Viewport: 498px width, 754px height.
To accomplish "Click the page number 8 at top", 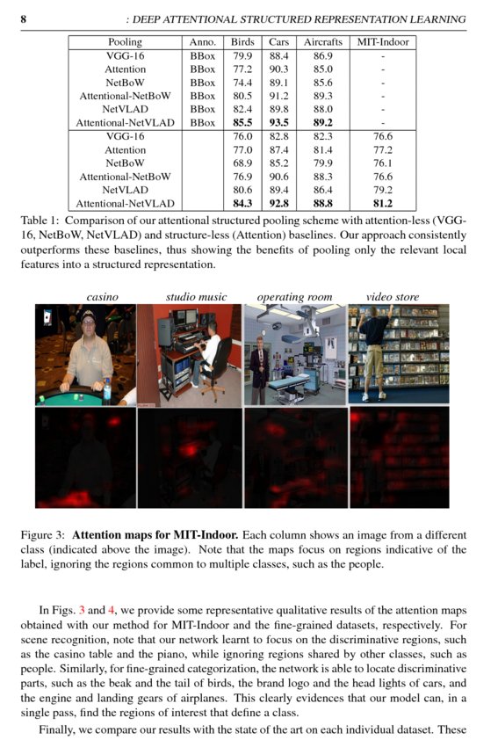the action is click(23, 19).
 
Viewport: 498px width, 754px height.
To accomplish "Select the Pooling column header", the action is click(125, 42).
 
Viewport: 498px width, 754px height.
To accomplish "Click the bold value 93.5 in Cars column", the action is click(278, 123).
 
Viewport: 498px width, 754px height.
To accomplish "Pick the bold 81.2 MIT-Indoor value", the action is click(383, 204).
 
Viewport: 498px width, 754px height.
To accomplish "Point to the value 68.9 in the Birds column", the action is click(242, 163).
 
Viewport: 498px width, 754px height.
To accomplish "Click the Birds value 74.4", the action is click(242, 83).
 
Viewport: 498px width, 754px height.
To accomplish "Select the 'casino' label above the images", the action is click(102, 297).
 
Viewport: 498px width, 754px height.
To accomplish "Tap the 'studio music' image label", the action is click(196, 297).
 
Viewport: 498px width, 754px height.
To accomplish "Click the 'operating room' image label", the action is click(294, 297).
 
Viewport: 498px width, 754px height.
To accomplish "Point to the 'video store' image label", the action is click(393, 297).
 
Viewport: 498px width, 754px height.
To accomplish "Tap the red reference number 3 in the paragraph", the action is click(82, 610).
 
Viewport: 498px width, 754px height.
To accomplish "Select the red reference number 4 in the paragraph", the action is click(109, 610).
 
